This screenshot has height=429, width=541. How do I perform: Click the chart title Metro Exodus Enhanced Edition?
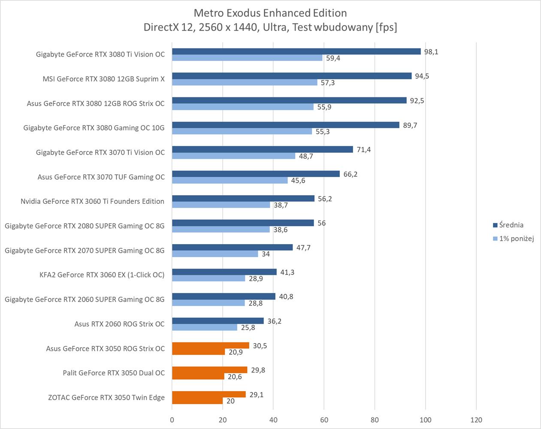[x=270, y=13]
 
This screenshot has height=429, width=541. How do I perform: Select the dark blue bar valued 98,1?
[x=296, y=51]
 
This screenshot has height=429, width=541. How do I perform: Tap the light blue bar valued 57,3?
[x=245, y=82]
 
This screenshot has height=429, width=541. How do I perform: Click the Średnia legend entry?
[x=511, y=225]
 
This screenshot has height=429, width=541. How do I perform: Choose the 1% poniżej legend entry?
[x=516, y=239]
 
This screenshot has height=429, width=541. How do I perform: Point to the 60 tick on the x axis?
[x=324, y=420]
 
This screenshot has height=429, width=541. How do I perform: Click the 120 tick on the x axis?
[x=476, y=420]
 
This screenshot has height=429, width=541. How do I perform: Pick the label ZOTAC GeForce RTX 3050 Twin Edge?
[x=106, y=397]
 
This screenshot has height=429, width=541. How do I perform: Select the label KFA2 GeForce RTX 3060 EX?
[x=102, y=275]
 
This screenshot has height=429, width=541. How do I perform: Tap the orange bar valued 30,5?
[x=210, y=345]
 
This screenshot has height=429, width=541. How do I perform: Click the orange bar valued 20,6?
[x=198, y=376]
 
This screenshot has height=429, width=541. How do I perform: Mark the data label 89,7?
[x=410, y=125]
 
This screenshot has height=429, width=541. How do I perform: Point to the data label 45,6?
[x=298, y=181]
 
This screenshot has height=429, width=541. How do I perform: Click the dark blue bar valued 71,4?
[x=262, y=149]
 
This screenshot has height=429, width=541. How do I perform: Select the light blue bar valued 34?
[x=215, y=254]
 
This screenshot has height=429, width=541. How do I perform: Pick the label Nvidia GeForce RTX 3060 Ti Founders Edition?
[x=92, y=201]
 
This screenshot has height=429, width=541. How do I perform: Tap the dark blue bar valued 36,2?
[x=218, y=321]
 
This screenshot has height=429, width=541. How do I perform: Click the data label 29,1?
[x=257, y=394]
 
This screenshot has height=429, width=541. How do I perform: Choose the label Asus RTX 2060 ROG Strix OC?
[x=119, y=324]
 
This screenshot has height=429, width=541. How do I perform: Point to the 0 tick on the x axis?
[x=172, y=420]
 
